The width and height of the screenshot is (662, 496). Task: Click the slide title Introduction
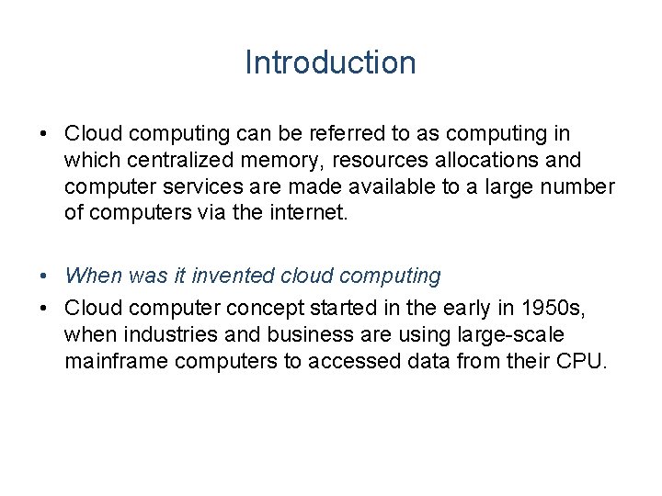click(330, 62)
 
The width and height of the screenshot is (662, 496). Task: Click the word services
click(183, 187)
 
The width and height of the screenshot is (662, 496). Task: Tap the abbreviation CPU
click(581, 361)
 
